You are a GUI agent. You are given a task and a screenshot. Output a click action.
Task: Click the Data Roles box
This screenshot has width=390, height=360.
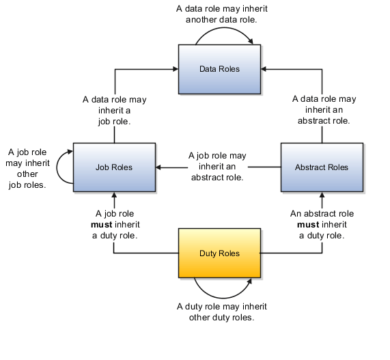pos(219,69)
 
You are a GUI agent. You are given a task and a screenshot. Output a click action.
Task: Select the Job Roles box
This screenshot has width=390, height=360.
pos(113,167)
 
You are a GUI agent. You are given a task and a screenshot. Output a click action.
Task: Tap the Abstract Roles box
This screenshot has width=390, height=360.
pos(321,167)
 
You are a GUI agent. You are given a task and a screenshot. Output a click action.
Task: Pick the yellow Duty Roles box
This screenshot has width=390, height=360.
pos(219,253)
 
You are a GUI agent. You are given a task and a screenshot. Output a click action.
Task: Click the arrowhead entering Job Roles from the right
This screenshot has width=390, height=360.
pos(159,167)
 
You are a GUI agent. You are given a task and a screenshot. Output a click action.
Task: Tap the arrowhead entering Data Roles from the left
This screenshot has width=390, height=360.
pos(174,69)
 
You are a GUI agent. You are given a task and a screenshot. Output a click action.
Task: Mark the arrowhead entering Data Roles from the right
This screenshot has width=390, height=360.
pos(264,69)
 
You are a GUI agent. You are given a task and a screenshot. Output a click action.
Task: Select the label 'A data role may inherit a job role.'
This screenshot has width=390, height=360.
pos(114,110)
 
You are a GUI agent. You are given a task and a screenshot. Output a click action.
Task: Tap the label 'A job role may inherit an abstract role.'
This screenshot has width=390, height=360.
pos(217,166)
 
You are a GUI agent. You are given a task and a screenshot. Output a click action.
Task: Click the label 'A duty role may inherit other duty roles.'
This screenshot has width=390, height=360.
pos(221,312)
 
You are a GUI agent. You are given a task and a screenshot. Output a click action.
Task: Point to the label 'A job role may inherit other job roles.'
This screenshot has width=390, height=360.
pos(27,168)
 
